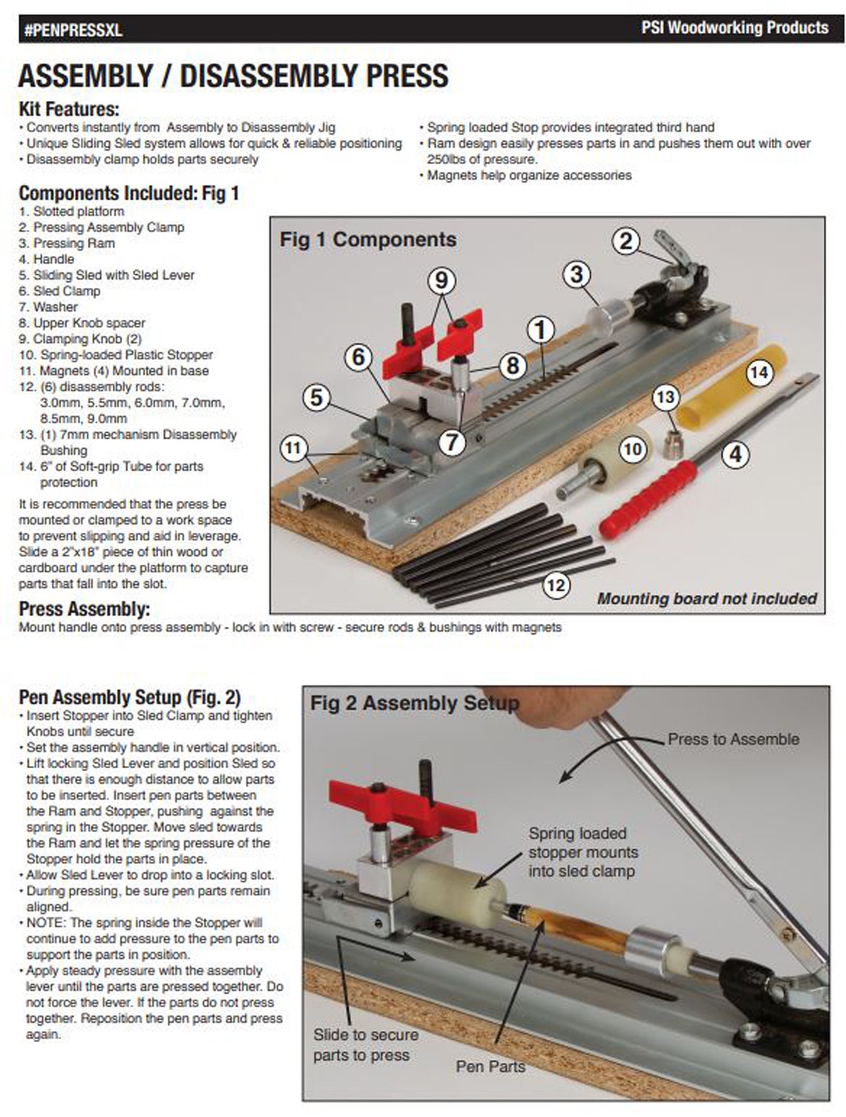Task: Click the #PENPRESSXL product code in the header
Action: click(73, 30)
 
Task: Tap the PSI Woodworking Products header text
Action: click(734, 28)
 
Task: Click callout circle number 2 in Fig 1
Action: click(626, 240)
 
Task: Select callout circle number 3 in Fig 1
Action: click(577, 274)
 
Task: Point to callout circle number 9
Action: click(442, 280)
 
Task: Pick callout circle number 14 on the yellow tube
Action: click(758, 371)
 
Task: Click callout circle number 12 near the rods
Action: click(556, 585)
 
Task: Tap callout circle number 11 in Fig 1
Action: click(294, 448)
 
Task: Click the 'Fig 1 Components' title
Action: click(367, 240)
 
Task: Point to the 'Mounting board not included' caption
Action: click(706, 598)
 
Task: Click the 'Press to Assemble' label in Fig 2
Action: click(733, 739)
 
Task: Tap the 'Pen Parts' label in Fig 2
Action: click(490, 1066)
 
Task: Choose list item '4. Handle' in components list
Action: click(47, 259)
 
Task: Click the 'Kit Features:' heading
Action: click(68, 109)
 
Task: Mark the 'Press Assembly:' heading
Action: click(84, 609)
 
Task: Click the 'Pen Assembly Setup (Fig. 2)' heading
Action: click(129, 698)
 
